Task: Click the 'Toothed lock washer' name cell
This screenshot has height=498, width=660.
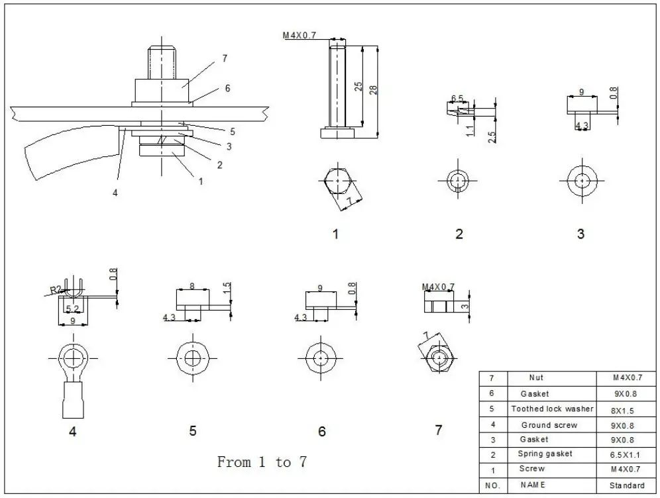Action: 552,409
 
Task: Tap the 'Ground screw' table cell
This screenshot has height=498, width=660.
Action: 549,425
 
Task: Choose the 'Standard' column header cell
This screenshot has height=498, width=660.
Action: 626,485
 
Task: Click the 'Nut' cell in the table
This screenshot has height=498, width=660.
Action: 536,378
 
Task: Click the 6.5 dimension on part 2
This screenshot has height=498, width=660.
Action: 457,99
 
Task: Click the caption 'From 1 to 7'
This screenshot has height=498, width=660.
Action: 262,462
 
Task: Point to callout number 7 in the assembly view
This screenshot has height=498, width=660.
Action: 225,58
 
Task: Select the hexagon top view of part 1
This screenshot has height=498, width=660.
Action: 338,179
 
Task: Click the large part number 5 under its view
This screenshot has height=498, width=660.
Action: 192,431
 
